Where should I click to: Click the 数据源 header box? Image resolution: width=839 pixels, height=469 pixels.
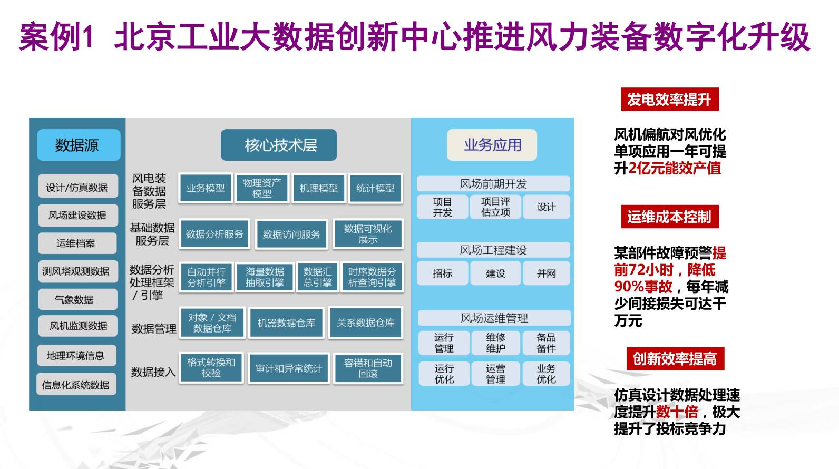[x=79, y=145]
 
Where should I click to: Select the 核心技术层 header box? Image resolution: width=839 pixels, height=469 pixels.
[x=279, y=145]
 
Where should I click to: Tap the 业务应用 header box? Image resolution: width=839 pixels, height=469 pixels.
[x=492, y=145]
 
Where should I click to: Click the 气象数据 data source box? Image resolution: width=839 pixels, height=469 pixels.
[x=77, y=299]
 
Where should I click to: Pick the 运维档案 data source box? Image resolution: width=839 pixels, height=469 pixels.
[x=77, y=243]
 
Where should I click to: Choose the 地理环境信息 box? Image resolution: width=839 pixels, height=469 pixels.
[x=76, y=356]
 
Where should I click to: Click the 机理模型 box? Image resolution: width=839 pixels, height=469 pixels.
[x=319, y=188]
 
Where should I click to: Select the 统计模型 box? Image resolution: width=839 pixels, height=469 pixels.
[x=375, y=188]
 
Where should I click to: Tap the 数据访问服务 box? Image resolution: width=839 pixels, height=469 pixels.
[x=291, y=234]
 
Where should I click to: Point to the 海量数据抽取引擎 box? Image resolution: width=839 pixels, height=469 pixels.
[x=265, y=277]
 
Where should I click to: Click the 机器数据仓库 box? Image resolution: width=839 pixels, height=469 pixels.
[x=286, y=323]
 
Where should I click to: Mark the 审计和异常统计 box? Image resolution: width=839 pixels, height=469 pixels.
[x=289, y=368]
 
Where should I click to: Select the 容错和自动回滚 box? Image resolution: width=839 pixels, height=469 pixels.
[x=368, y=368]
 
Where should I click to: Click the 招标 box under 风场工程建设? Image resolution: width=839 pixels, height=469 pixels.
[x=443, y=273]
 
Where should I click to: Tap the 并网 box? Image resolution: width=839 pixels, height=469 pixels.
[x=546, y=273]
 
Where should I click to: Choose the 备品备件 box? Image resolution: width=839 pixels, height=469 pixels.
[x=546, y=343]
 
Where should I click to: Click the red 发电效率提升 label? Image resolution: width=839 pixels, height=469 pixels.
[x=669, y=100]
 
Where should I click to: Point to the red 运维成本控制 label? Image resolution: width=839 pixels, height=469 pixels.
[x=669, y=217]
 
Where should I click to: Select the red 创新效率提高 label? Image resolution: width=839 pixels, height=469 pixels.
[x=675, y=359]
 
